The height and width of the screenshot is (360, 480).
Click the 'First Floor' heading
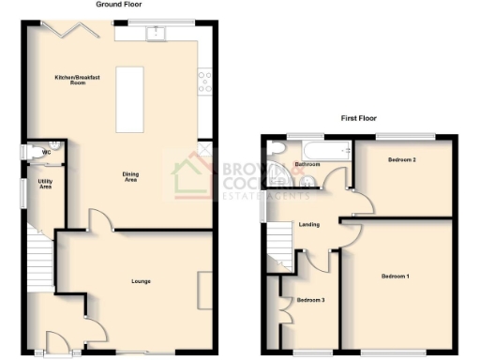pyautogui.click(x=359, y=119)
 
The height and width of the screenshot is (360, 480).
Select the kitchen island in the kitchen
pyautogui.click(x=129, y=99)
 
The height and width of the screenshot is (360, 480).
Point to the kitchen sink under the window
pyautogui.click(x=156, y=35)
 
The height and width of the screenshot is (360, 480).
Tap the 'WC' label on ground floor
pyautogui.click(x=45, y=150)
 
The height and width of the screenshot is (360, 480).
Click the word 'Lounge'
pyautogui.click(x=142, y=280)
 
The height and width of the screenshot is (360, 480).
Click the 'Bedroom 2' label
pyautogui.click(x=401, y=160)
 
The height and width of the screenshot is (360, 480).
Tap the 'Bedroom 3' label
pyautogui.click(x=310, y=300)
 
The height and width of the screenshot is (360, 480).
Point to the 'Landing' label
pyautogui.click(x=308, y=225)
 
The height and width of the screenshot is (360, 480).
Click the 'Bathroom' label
pyautogui.click(x=307, y=164)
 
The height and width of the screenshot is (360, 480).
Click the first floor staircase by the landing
pyautogui.click(x=279, y=246)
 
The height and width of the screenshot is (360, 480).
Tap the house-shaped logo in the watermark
pyautogui.click(x=193, y=178)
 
